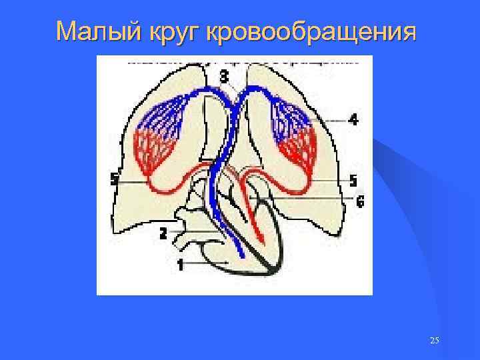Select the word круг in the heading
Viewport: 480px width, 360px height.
click(x=171, y=31)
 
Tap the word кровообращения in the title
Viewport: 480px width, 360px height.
click(x=313, y=31)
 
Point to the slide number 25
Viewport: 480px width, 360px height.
click(x=434, y=341)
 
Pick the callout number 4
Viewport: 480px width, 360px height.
click(x=353, y=120)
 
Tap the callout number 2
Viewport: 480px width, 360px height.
click(x=163, y=233)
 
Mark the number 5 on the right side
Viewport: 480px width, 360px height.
click(x=353, y=181)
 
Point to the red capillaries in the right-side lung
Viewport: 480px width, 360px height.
click(x=297, y=150)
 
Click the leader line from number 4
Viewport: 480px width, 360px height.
click(x=330, y=121)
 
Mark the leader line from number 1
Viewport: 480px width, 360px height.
click(x=207, y=265)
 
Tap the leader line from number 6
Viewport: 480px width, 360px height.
click(x=313, y=199)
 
